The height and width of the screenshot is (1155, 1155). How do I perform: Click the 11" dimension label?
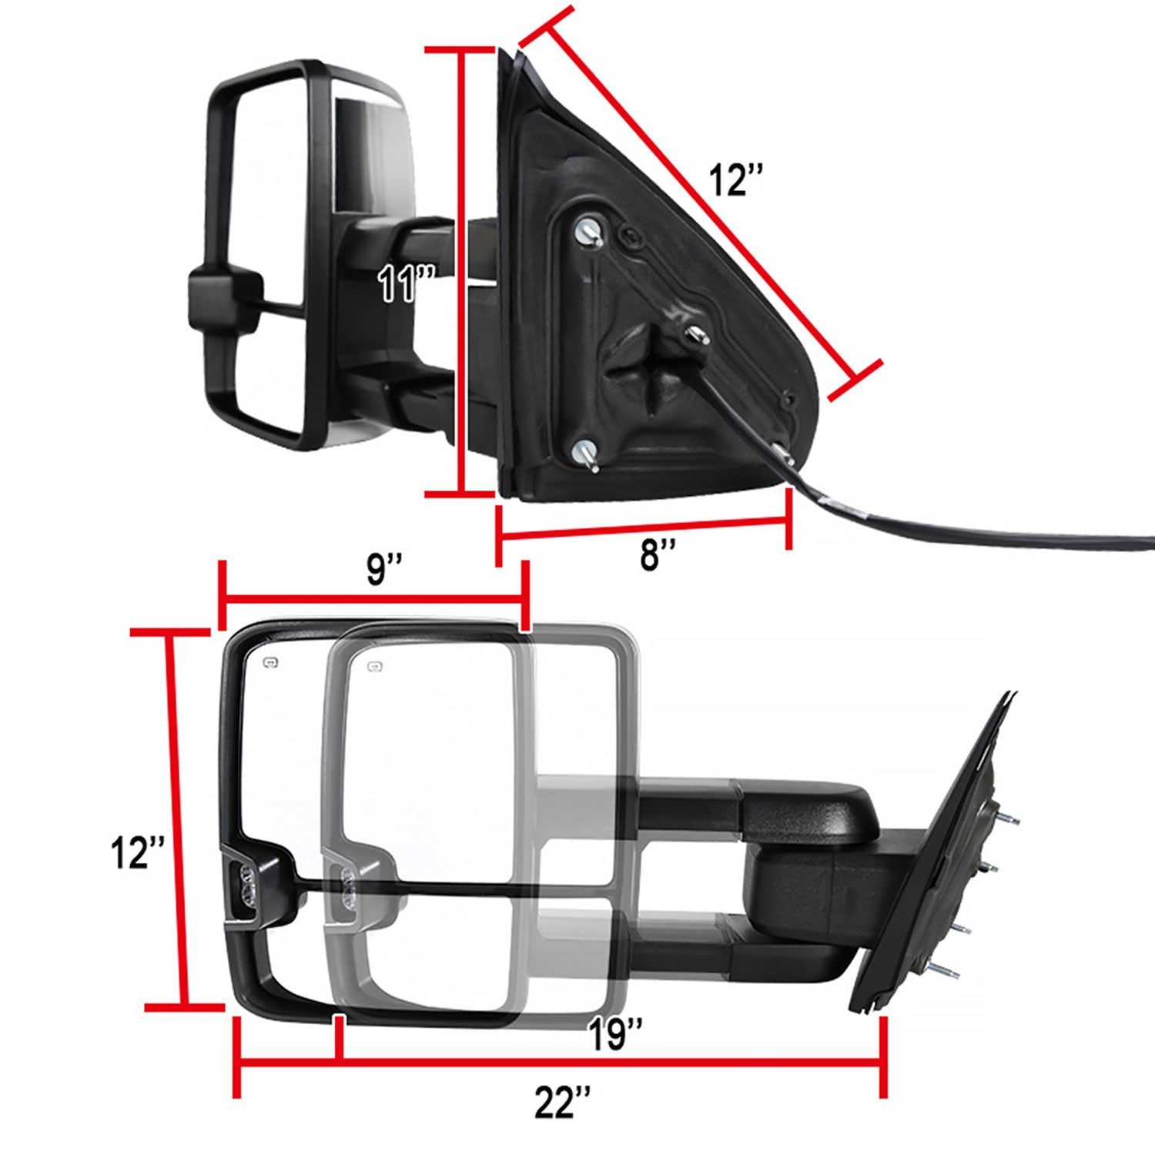(406, 283)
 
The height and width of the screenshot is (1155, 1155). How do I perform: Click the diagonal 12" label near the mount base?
(735, 180)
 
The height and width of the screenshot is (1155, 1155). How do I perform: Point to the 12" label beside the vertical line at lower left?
(136, 853)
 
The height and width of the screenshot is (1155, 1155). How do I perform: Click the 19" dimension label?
(614, 1034)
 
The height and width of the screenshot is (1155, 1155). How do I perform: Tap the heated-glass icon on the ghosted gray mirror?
(375, 667)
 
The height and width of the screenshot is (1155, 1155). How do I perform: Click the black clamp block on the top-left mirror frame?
(223, 300)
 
